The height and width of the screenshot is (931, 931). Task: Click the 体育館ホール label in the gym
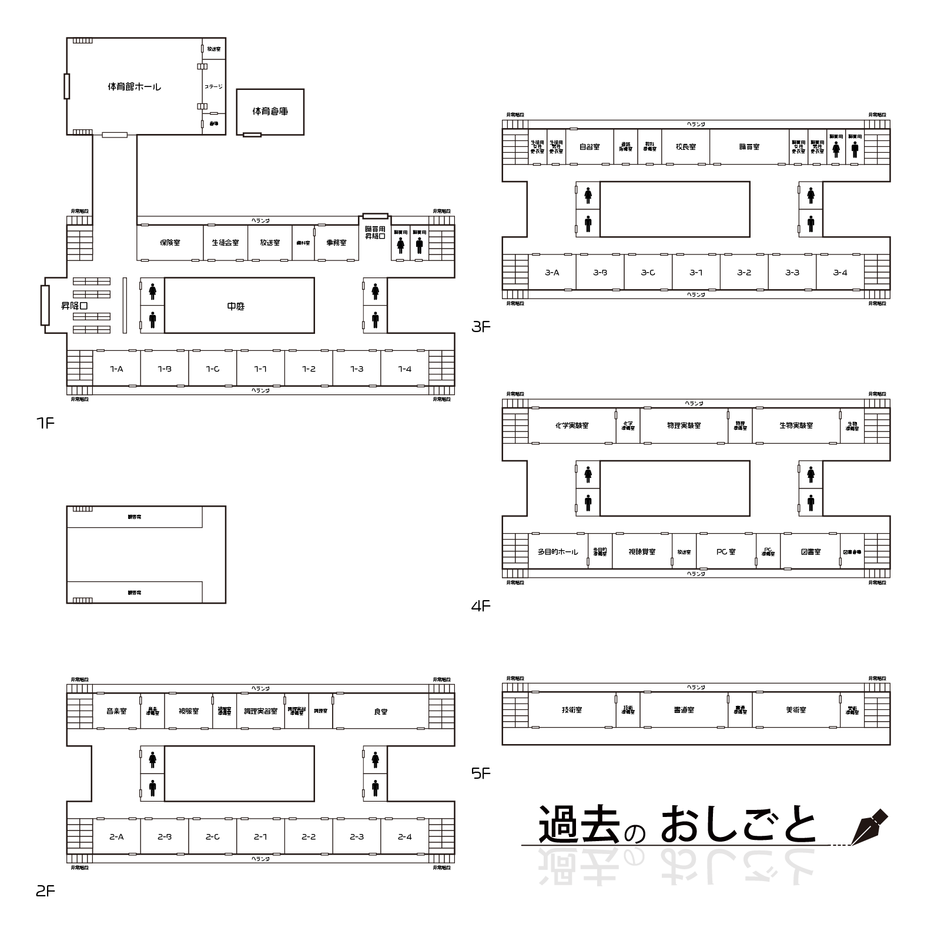(134, 87)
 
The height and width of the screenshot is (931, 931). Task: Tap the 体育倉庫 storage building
(270, 111)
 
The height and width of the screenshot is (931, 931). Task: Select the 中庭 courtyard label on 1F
(236, 306)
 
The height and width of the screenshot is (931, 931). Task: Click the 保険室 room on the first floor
(170, 242)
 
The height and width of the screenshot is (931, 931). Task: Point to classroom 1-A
(116, 369)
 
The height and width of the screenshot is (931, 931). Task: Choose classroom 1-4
(404, 369)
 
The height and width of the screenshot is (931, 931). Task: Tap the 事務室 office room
(336, 242)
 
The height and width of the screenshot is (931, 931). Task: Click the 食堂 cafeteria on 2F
(381, 712)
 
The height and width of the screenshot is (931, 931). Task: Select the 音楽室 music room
(116, 711)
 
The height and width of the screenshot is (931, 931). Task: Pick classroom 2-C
(213, 837)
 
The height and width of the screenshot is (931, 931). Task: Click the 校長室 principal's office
(685, 147)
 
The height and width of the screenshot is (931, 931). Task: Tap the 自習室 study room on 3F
(589, 147)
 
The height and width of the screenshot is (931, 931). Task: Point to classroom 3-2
(744, 273)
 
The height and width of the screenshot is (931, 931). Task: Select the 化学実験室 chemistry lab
(571, 426)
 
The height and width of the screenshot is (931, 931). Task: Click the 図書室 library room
(811, 552)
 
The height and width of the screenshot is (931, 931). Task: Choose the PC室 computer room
(725, 552)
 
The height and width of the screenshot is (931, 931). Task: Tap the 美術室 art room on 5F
(796, 710)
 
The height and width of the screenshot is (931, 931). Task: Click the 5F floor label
(481, 773)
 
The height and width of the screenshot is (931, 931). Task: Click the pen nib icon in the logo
(869, 826)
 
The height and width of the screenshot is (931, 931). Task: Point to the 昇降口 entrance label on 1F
(75, 306)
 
